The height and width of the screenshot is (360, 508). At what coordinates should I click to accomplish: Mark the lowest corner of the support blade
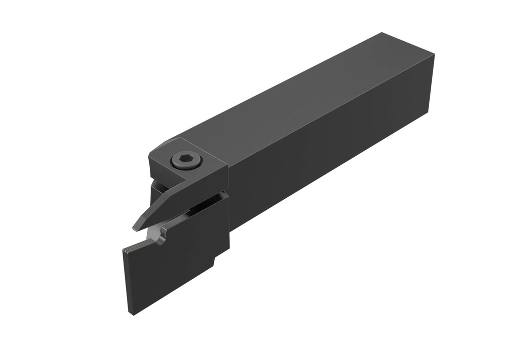pos(130,313)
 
